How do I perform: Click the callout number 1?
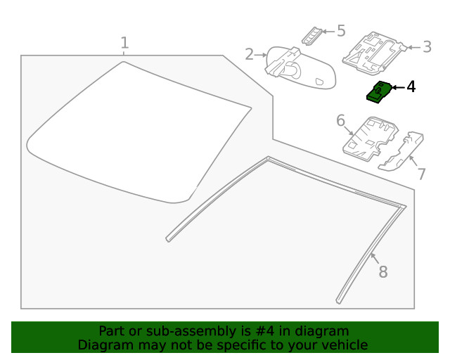tap(124, 42)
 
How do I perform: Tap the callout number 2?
tap(250, 54)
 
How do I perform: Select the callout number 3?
tap(427, 47)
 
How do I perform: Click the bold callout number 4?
tap(411, 86)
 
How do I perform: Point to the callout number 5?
tap(341, 31)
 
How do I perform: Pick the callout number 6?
tap(340, 120)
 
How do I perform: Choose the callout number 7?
tap(421, 174)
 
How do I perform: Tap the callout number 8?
tap(383, 271)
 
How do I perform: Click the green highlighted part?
tap(379, 92)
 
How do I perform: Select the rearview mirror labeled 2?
tap(300, 68)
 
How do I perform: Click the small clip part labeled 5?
tap(312, 36)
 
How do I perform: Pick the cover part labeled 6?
tap(371, 139)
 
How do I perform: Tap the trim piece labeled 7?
tap(401, 151)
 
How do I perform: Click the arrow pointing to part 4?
tap(399, 87)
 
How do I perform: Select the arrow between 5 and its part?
tap(328, 31)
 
